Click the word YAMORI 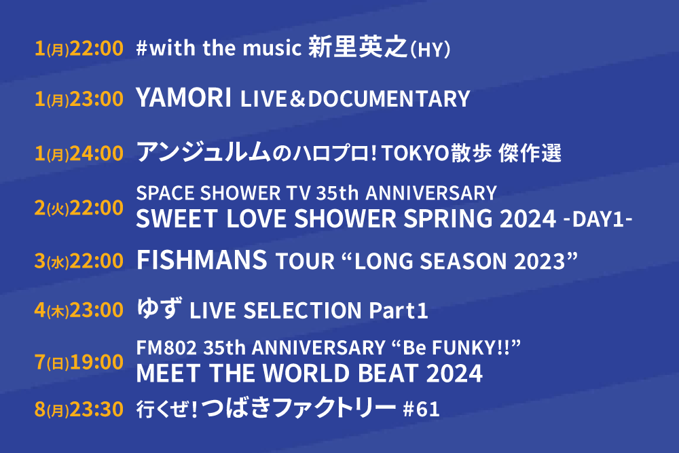point(183,97)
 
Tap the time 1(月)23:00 point(79,98)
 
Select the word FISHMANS point(202,259)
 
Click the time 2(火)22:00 point(79,208)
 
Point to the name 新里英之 point(358,47)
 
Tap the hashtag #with point(166,48)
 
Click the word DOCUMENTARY point(389,98)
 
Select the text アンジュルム point(204,152)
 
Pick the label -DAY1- point(598,219)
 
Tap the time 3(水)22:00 point(79,261)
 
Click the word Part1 point(399,310)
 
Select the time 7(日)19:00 point(79,362)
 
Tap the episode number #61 point(421,409)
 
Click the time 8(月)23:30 point(79,410)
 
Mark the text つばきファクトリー point(299,407)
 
